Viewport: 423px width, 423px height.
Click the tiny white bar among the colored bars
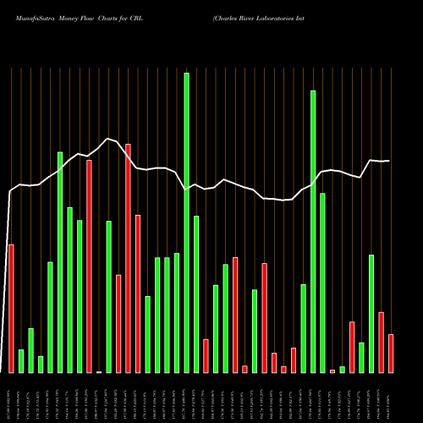[x=99, y=371]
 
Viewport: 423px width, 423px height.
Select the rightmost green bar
[x=371, y=313]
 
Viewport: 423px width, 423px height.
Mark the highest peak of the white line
[x=107, y=138]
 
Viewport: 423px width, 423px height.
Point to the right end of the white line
[x=389, y=161]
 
